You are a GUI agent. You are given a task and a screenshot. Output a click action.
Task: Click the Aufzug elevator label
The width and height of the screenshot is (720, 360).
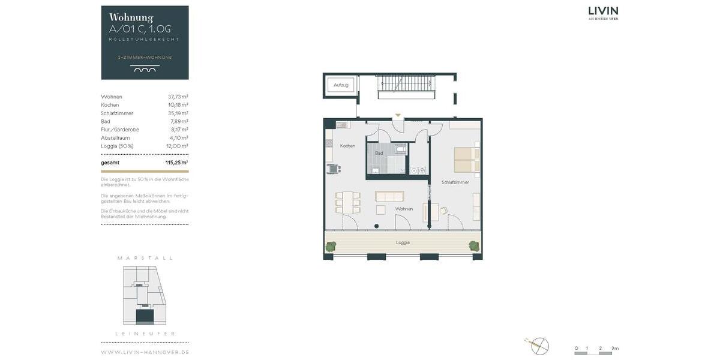[341, 85]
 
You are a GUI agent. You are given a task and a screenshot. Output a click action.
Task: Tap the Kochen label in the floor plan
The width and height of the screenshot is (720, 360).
[347, 146]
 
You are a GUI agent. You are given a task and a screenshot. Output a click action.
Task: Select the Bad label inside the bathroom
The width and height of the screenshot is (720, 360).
[379, 153]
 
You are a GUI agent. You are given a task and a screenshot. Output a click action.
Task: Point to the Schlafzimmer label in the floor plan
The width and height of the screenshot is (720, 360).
[455, 182]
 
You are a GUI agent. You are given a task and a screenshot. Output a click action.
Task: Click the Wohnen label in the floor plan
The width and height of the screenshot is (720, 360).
[404, 209]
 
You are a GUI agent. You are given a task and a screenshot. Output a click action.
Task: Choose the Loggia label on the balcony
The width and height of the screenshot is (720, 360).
[403, 242]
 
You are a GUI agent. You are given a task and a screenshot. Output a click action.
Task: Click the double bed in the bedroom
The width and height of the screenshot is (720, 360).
[466, 160]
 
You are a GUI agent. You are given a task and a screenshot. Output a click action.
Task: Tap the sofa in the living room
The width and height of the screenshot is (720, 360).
[389, 196]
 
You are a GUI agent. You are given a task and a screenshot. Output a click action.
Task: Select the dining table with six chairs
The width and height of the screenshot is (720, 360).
[347, 202]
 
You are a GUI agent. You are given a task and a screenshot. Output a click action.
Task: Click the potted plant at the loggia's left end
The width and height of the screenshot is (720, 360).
[331, 245]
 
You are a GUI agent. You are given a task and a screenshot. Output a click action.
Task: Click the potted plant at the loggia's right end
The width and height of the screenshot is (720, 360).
[474, 245]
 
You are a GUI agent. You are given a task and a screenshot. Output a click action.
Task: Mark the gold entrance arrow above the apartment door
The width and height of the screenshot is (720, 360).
[397, 115]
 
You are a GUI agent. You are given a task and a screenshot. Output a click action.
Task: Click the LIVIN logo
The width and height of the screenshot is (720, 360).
[603, 12]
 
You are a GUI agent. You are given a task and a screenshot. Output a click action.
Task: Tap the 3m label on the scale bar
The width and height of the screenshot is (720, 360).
[614, 348]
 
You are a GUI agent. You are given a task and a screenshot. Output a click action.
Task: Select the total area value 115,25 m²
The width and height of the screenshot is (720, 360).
[176, 163]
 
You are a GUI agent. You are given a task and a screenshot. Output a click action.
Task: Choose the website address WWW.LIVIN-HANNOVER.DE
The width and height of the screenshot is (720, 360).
[145, 352]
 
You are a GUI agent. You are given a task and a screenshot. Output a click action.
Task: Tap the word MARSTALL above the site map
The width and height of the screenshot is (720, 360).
[145, 258]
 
